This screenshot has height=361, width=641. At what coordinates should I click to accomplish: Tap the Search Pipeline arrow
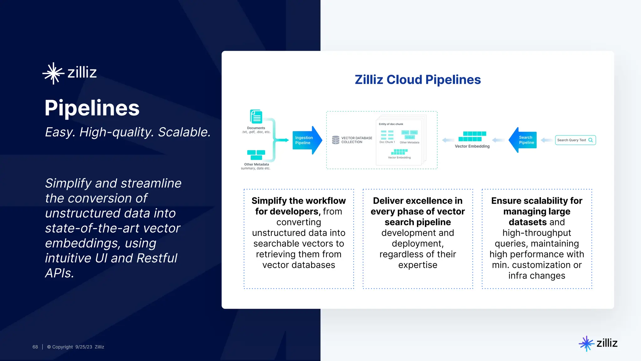pos(523,140)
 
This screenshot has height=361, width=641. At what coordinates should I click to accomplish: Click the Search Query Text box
pos(575,140)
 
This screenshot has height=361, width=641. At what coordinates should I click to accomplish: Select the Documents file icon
pos(256,117)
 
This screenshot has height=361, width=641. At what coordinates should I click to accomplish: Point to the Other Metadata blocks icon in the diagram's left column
pos(256,155)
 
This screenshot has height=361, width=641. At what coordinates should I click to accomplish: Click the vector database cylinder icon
pos(336,140)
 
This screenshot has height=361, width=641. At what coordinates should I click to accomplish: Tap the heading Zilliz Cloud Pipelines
pos(418,80)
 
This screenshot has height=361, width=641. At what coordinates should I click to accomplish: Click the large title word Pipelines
pos(92,108)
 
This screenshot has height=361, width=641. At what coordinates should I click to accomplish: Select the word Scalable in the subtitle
pos(184,132)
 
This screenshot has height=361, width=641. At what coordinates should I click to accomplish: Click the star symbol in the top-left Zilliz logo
pos(54,73)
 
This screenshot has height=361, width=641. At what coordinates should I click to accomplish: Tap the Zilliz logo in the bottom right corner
pos(598,343)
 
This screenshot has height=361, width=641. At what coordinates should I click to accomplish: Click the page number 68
pos(35,347)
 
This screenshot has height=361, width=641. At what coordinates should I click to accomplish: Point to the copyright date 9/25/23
pos(84,347)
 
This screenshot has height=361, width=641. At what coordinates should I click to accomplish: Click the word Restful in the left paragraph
pos(157,258)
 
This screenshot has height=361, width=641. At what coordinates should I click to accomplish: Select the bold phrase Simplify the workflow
pos(298,201)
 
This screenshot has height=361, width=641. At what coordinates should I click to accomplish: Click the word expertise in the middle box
pos(418,265)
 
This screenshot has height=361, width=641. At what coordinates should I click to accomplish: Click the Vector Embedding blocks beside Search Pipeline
pos(472,136)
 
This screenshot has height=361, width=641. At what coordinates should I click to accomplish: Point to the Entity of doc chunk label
pos(391,124)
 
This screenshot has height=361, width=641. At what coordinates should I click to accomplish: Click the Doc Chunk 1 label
pos(387,142)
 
